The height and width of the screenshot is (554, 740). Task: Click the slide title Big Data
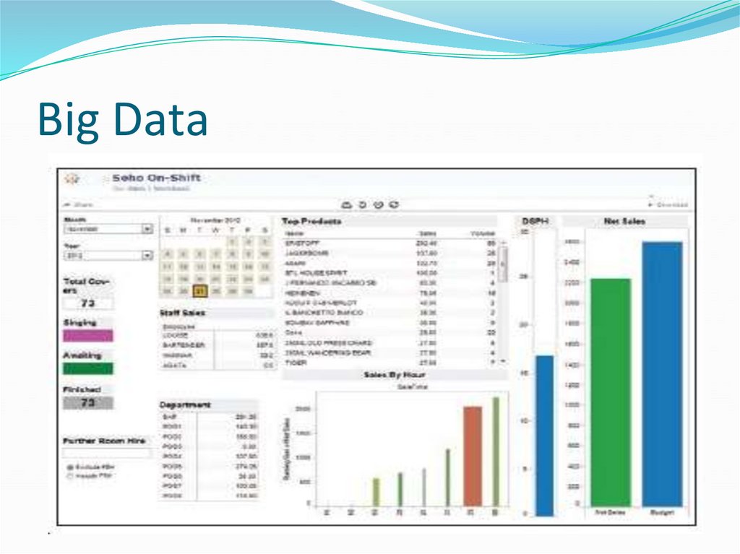(x=122, y=120)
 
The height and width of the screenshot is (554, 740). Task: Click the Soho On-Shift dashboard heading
(x=156, y=178)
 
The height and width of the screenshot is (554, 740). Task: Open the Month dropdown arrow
(x=147, y=229)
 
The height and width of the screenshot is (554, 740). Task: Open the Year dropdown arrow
(x=147, y=255)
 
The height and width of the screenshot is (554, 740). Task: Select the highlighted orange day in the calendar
(x=200, y=291)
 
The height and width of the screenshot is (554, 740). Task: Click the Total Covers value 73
(x=88, y=303)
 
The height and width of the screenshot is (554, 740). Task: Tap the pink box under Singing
(x=88, y=335)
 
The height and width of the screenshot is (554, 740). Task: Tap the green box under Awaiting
(x=88, y=368)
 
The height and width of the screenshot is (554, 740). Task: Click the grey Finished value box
(x=88, y=403)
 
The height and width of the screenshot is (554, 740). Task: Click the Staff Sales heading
(x=182, y=313)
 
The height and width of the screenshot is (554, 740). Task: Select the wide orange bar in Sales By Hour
(x=472, y=456)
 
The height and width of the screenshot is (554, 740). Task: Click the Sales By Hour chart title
(x=394, y=375)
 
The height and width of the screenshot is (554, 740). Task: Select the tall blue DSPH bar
(x=544, y=435)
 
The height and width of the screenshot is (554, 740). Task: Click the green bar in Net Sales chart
(x=610, y=391)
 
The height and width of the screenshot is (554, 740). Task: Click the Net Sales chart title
(x=624, y=221)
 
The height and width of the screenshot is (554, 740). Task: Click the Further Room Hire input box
(x=107, y=454)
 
